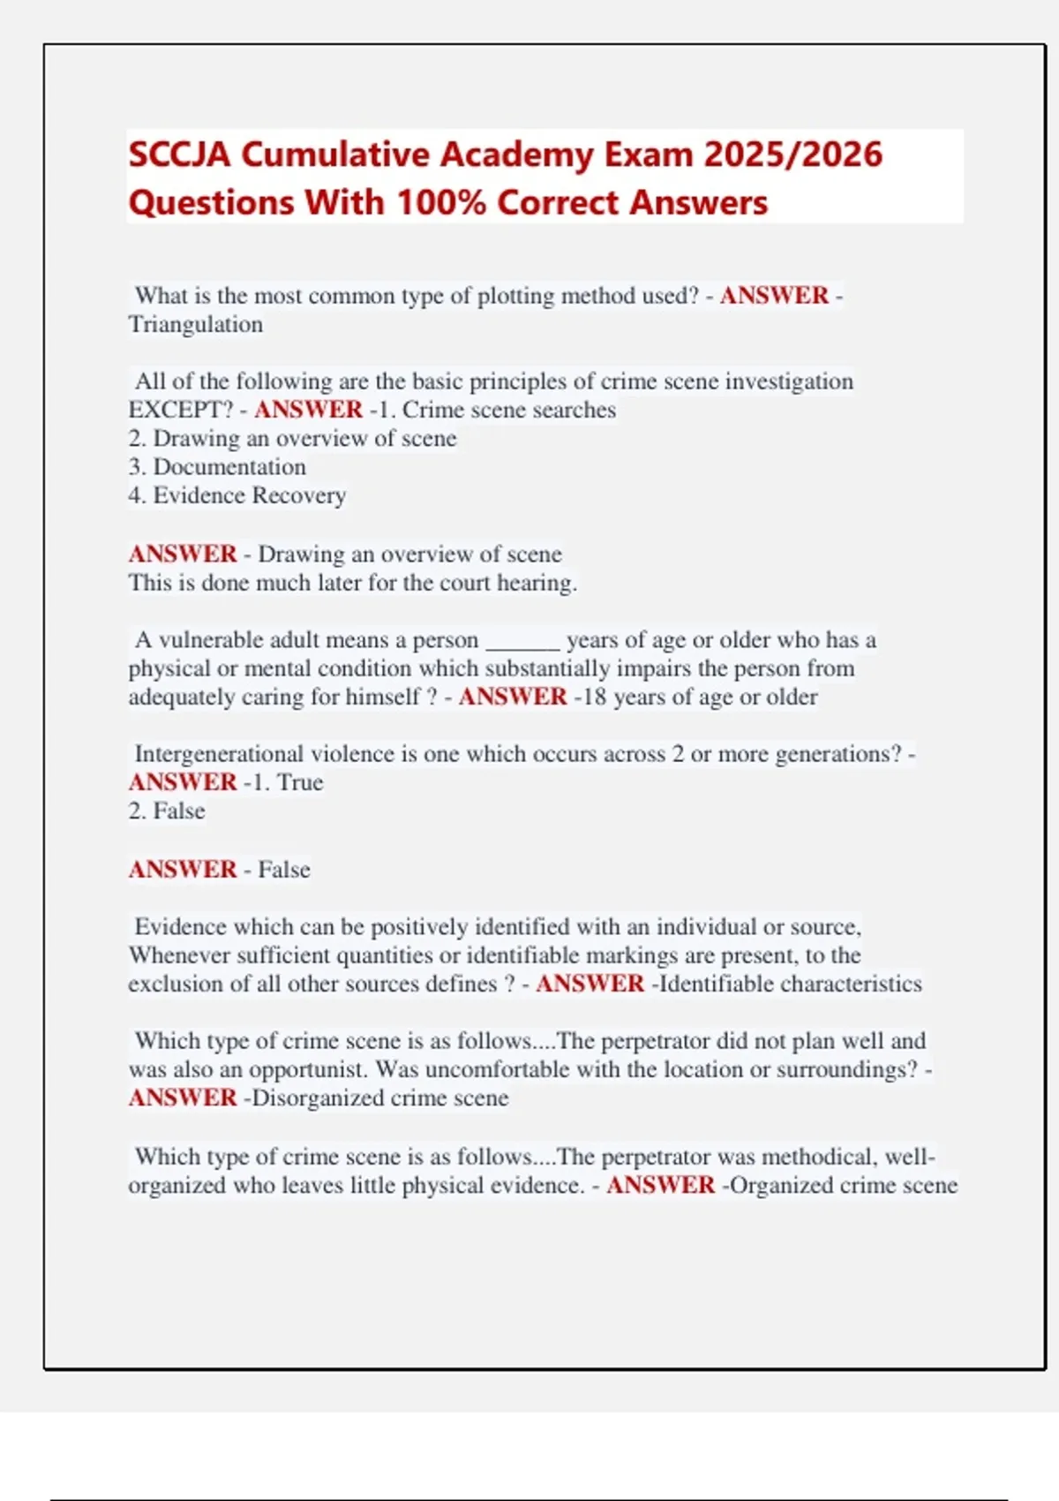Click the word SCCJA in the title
coord(180,155)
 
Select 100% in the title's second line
coord(441,203)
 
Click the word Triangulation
coord(196,325)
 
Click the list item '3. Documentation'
coord(217,467)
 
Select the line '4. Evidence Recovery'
coord(237,495)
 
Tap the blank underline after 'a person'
coord(522,640)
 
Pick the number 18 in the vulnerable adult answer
coord(595,697)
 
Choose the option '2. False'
coord(167,811)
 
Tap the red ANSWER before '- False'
coord(183,870)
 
